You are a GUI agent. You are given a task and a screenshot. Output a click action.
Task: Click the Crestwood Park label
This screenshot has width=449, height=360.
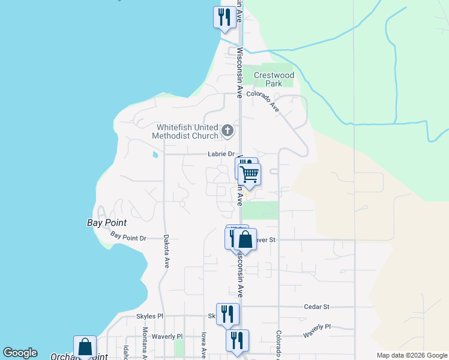click(274, 79)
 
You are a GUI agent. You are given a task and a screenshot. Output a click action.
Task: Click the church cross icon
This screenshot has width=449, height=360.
click(227, 130)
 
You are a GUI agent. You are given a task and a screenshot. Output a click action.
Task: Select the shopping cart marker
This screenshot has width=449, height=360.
click(250, 175)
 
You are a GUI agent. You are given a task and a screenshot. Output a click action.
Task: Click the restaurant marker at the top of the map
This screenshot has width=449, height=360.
click(224, 17)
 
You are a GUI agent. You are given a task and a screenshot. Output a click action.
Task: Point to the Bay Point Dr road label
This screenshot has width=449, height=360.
click(128, 238)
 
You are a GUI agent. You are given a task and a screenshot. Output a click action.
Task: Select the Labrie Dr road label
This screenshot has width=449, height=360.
click(220, 154)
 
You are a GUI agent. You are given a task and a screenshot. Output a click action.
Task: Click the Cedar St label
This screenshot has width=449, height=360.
click(317, 307)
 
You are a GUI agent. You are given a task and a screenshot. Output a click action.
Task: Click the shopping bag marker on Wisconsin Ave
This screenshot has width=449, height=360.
click(245, 240)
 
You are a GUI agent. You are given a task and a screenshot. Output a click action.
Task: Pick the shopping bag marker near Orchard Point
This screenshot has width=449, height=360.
click(85, 347)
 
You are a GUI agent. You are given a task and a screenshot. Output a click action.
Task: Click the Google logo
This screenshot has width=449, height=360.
click(20, 353)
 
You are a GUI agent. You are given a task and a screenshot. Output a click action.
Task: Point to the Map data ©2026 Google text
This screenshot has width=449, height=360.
click(411, 355)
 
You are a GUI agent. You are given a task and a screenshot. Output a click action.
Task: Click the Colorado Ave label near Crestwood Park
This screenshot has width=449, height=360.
click(263, 101)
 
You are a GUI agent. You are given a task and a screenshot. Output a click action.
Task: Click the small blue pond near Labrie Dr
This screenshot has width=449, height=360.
click(156, 155)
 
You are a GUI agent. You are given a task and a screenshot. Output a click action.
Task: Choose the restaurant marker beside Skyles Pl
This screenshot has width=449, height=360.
click(228, 314)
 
